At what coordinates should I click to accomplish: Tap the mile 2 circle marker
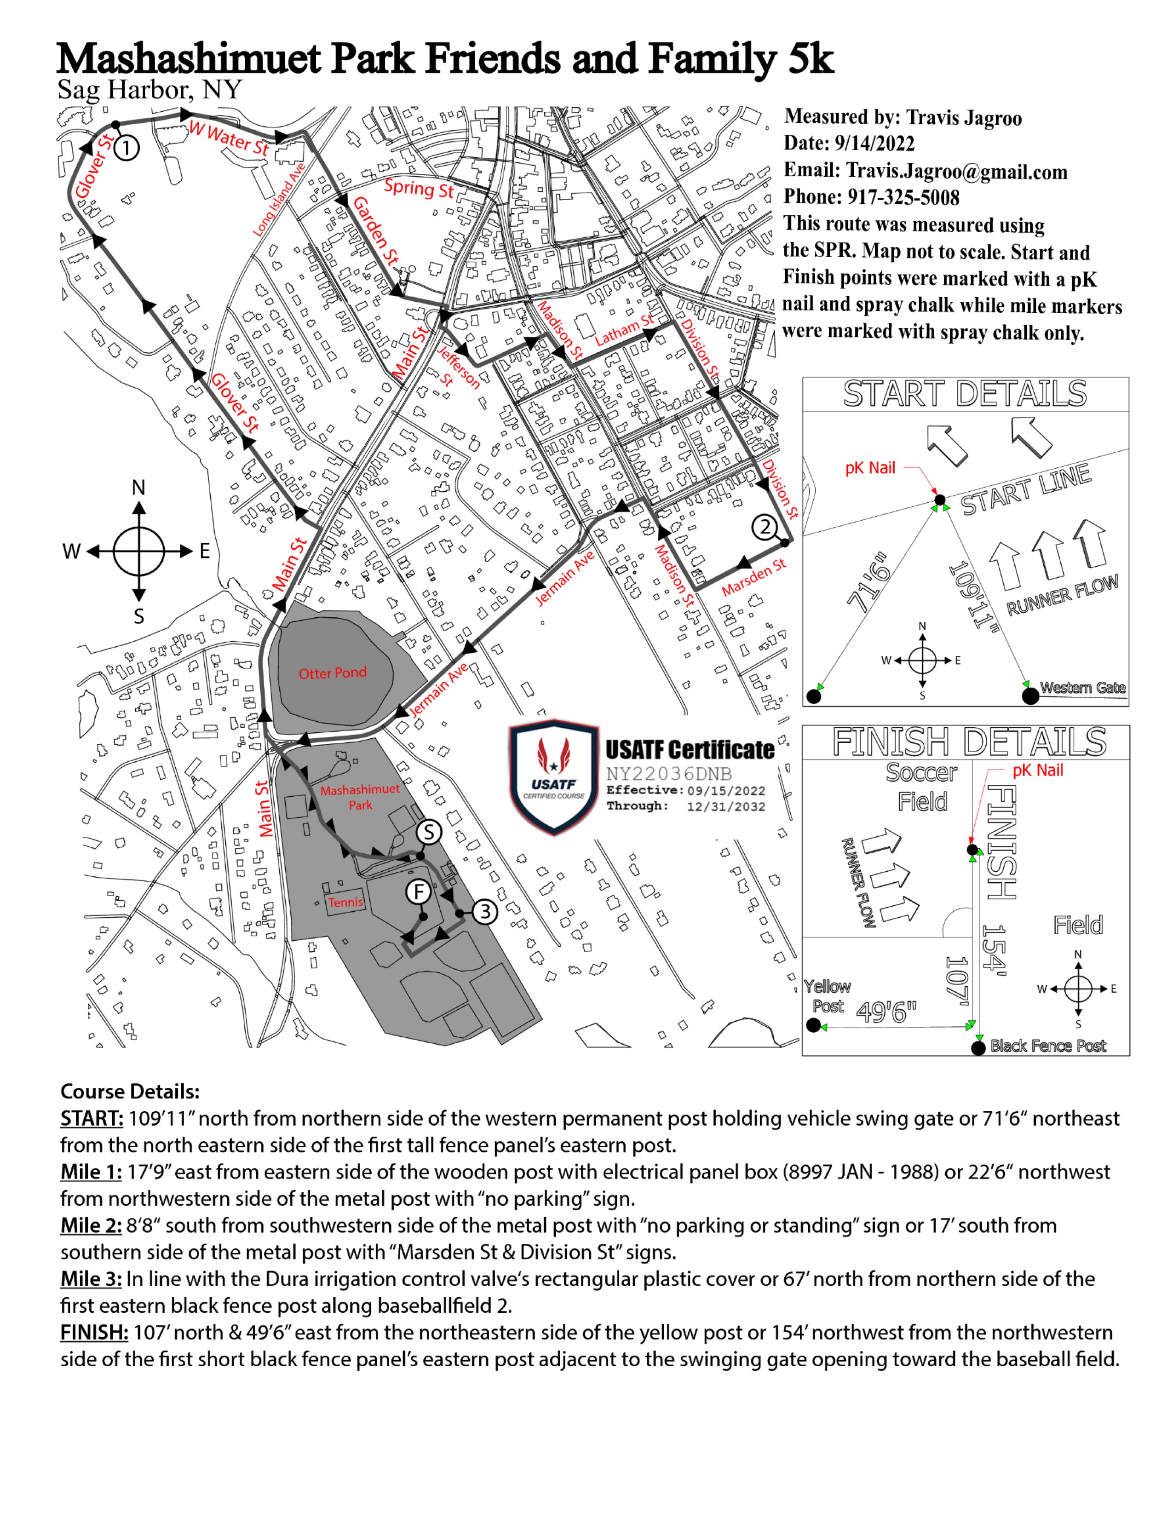pos(765,527)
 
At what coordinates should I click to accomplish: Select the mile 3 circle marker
pos(485,912)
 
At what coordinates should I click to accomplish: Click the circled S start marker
pos(429,832)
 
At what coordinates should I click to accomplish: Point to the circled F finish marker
pos(418,892)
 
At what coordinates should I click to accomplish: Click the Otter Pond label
pos(332,673)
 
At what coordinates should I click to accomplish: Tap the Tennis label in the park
pos(345,902)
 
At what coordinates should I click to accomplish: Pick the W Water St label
pos(229,138)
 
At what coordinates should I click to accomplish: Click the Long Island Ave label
pos(279,200)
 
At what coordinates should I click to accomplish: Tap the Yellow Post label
pos(827,996)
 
